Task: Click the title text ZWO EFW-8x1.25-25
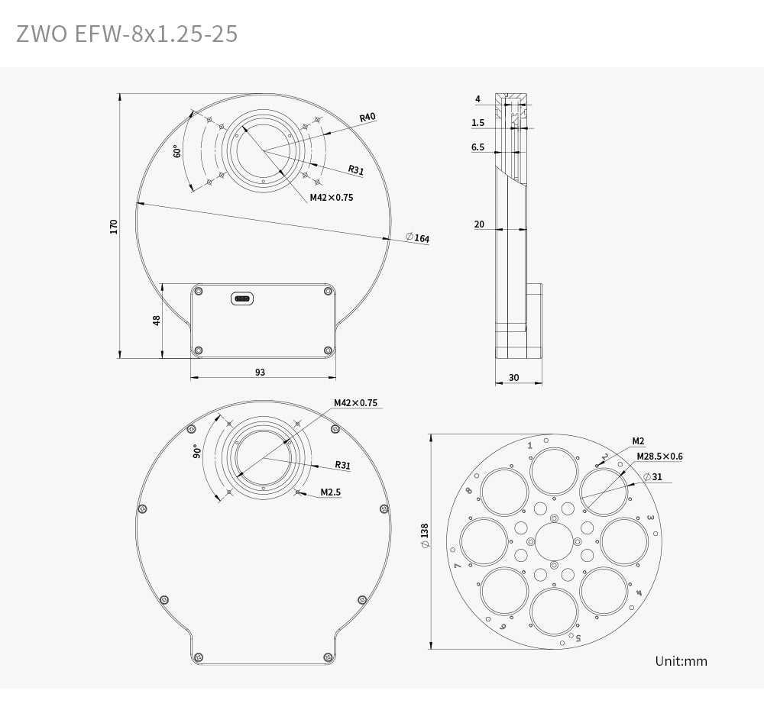pos(127,34)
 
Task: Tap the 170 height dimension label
pos(114,226)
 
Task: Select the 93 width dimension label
pos(261,372)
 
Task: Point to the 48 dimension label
pos(157,320)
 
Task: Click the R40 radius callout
pos(367,117)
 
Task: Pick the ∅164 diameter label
pos(417,238)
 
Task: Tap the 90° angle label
pos(196,451)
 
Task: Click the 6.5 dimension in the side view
pos(477,147)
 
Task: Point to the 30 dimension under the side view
pos(513,377)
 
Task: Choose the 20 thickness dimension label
pos(479,224)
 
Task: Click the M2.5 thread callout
pos(331,492)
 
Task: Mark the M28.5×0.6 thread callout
pos(659,457)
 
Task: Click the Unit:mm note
pos(681,661)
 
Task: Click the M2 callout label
pos(638,441)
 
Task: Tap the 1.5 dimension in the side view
pos(477,122)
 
